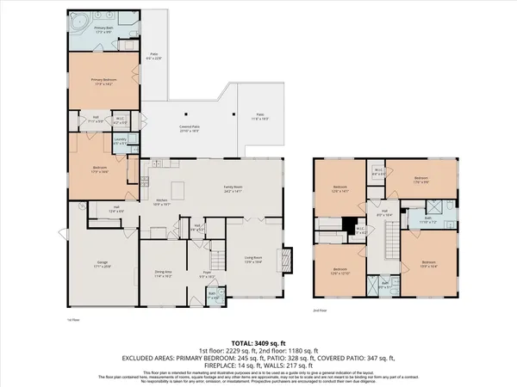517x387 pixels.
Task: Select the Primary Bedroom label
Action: (103, 82)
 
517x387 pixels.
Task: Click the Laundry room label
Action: (121, 140)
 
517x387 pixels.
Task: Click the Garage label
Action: (102, 265)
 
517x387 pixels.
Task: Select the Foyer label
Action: (208, 274)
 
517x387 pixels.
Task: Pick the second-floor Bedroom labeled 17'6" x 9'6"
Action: (420, 181)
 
